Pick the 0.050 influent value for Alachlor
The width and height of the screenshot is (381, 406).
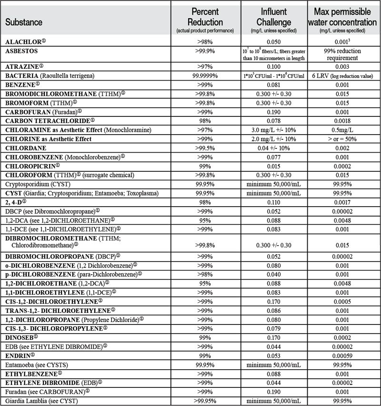tap(273, 42)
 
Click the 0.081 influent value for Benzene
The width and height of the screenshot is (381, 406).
tap(273, 84)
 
